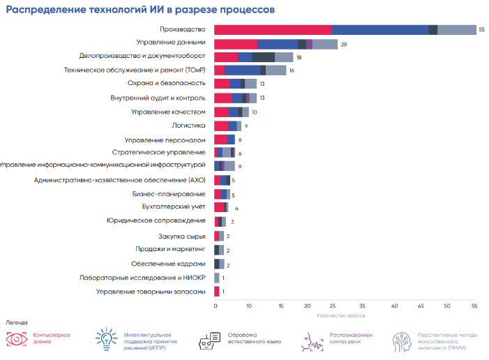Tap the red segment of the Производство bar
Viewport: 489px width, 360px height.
273,29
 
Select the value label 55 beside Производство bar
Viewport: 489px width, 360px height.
482,29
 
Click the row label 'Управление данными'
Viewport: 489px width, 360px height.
172,43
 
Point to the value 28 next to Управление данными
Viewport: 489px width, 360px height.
344,44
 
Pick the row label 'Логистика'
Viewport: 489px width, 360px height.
188,126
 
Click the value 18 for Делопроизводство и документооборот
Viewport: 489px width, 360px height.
299,57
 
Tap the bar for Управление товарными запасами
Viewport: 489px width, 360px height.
217,292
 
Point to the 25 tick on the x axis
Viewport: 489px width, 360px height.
329,306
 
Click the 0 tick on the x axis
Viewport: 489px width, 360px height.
216,306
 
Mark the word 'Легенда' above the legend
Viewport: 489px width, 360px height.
17,323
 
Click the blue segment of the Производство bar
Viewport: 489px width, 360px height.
379,29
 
